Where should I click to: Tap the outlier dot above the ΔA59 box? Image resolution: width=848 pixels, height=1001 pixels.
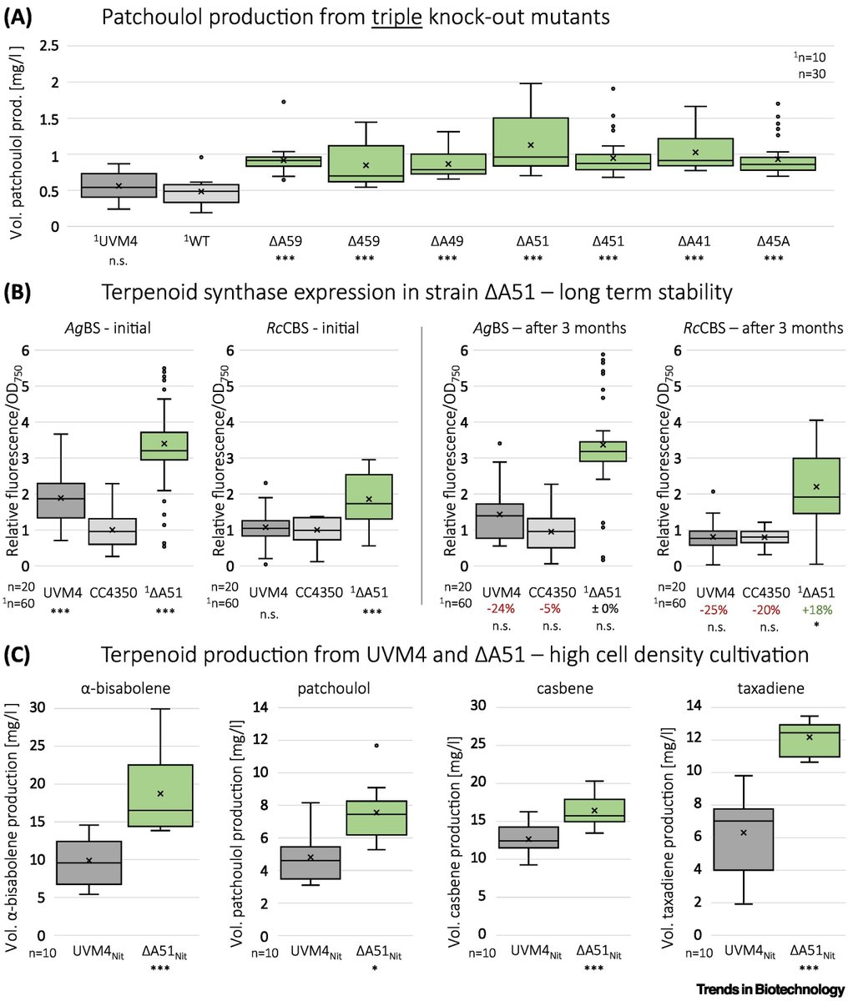[284, 102]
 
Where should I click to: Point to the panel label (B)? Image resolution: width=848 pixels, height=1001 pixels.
[18, 294]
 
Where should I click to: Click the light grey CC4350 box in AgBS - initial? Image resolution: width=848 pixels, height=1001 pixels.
[112, 531]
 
